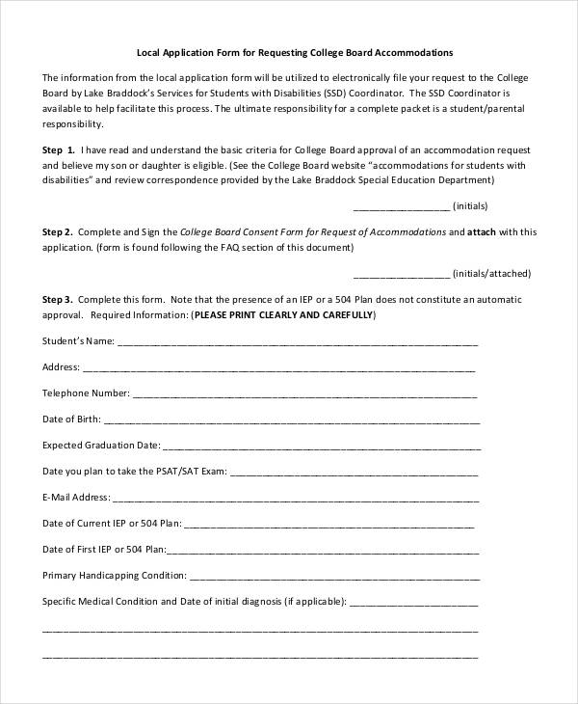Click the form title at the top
289,52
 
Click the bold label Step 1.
58,150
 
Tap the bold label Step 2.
57,232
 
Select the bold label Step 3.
57,300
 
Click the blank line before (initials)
401,207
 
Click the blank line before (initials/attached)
401,275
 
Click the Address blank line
279,368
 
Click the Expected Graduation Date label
100,446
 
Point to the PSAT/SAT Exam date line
355,473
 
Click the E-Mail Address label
76,499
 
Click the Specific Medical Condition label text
193,601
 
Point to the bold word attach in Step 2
481,232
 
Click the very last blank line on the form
260,655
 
